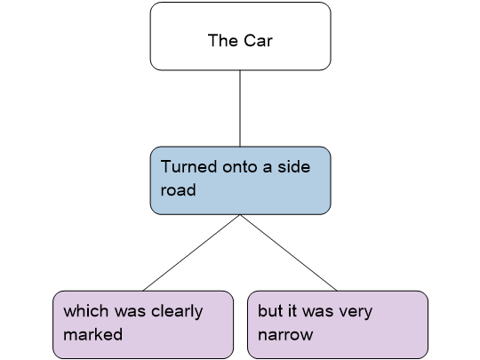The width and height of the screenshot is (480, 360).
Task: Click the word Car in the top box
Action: (x=258, y=40)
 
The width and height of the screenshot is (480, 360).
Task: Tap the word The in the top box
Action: (x=223, y=40)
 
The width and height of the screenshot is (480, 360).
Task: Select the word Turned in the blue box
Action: (x=188, y=167)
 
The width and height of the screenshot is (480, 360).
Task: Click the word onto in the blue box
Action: (x=240, y=167)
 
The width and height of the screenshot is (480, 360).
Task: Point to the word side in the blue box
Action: (x=293, y=167)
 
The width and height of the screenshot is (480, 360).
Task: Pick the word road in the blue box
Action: (x=178, y=190)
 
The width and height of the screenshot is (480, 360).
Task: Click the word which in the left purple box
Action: (x=86, y=311)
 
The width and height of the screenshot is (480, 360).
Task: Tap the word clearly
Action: (x=177, y=312)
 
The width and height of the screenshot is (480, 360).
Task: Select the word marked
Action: (x=93, y=334)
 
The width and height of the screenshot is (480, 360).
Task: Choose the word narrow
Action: (x=285, y=335)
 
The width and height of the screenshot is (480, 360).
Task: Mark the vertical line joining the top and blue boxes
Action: (x=240, y=108)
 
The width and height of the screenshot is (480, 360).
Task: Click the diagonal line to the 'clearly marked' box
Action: (x=192, y=252)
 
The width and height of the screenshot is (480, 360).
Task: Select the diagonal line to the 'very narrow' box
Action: (x=289, y=252)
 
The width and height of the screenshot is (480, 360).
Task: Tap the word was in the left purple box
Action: (x=130, y=312)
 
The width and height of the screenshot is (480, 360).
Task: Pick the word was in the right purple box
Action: (x=317, y=312)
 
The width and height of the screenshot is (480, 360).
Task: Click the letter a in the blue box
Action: (x=268, y=167)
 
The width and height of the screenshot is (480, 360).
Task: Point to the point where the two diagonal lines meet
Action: (x=240, y=215)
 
